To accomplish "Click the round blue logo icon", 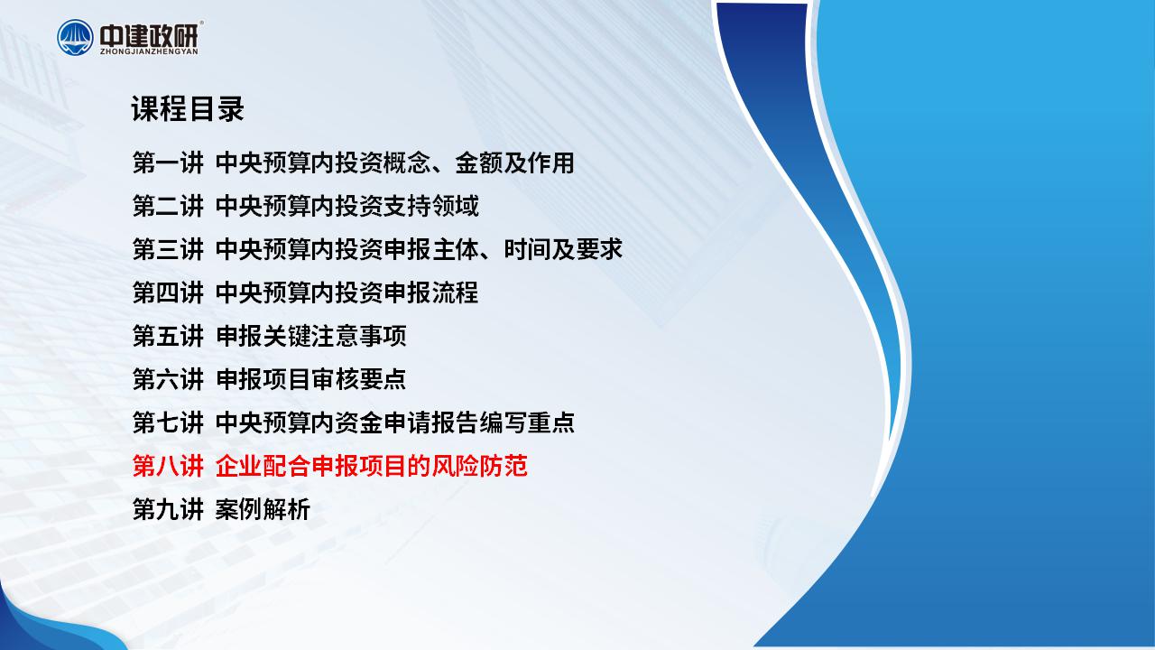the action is coord(75,37).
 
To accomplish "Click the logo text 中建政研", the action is coord(149,35).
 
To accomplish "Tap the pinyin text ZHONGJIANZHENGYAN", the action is coord(149,51).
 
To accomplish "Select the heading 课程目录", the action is coord(188,109).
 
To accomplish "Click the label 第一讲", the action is coord(168,163).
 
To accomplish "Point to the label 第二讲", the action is coord(168,207).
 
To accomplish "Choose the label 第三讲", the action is coord(168,250).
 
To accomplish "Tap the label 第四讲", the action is coord(168,293).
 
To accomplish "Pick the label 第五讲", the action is coord(168,337).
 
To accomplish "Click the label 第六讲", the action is coord(168,380).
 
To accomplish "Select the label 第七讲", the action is coord(168,423).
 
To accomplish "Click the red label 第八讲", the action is coord(168,467).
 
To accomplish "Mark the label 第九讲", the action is coord(168,510).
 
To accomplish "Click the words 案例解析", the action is coord(263,510).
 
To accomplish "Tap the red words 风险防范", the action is coord(479,467).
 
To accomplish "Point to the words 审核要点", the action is coord(359,380).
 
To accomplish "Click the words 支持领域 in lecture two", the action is coord(431,207).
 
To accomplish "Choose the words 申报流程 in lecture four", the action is coord(431,293).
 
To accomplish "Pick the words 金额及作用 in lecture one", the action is coord(514,163).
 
